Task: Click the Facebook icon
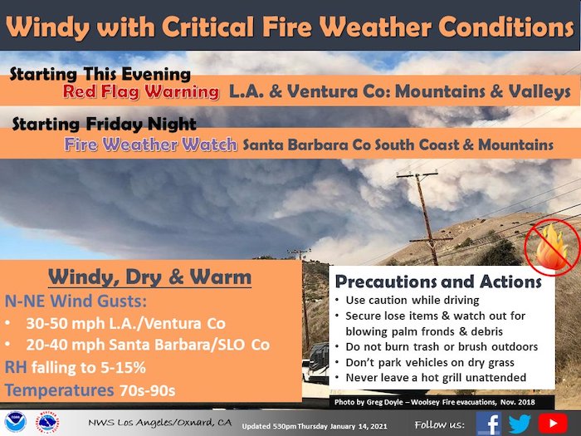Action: point(488,423)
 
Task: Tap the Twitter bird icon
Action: point(519,424)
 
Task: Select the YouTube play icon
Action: point(553,424)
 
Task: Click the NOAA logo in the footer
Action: point(16,422)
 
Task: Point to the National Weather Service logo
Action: point(47,422)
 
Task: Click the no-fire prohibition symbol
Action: point(552,247)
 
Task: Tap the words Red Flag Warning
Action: point(141,92)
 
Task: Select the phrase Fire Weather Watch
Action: point(150,145)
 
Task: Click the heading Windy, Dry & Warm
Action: point(149,277)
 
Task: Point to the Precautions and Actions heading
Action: point(438,282)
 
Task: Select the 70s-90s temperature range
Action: point(147,390)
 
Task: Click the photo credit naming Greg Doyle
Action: point(435,402)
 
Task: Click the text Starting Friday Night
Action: point(104,125)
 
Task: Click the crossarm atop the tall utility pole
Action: point(417,174)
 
